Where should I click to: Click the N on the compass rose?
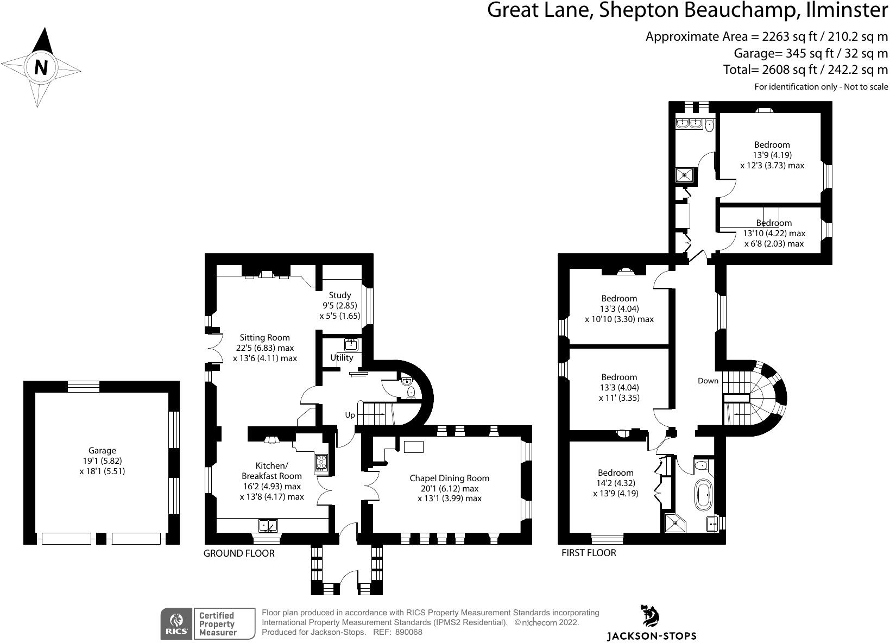coord(41,68)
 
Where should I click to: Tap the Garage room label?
coord(102,450)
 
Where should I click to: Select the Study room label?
coord(340,295)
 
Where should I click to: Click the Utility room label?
coord(342,357)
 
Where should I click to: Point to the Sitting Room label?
coord(265,337)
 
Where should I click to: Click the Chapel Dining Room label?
coord(449,478)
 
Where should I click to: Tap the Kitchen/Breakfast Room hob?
coord(321,462)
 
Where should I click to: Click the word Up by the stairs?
coord(350,415)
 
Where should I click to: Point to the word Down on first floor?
coord(708,381)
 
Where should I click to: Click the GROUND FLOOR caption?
coord(239,553)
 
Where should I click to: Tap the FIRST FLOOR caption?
coord(589,553)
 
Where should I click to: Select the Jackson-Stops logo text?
coord(651,635)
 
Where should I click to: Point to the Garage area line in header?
coord(811,53)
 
